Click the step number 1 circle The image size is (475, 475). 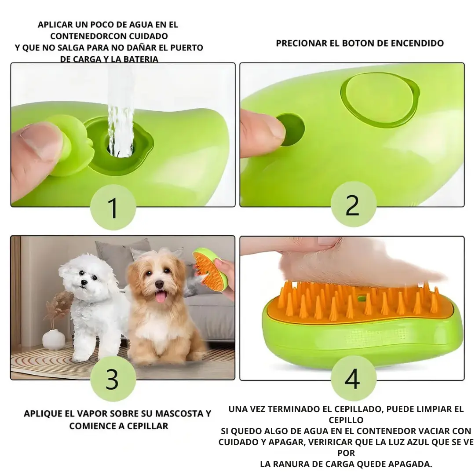pos(113,207)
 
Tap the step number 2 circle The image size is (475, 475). pos(353,204)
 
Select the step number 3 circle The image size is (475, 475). pos(113,379)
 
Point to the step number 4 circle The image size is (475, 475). pos(353,379)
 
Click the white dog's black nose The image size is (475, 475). pos(84,283)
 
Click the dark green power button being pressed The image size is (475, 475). pos(292,130)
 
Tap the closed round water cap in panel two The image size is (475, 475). pos(380,100)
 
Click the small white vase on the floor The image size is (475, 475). pos(53,339)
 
